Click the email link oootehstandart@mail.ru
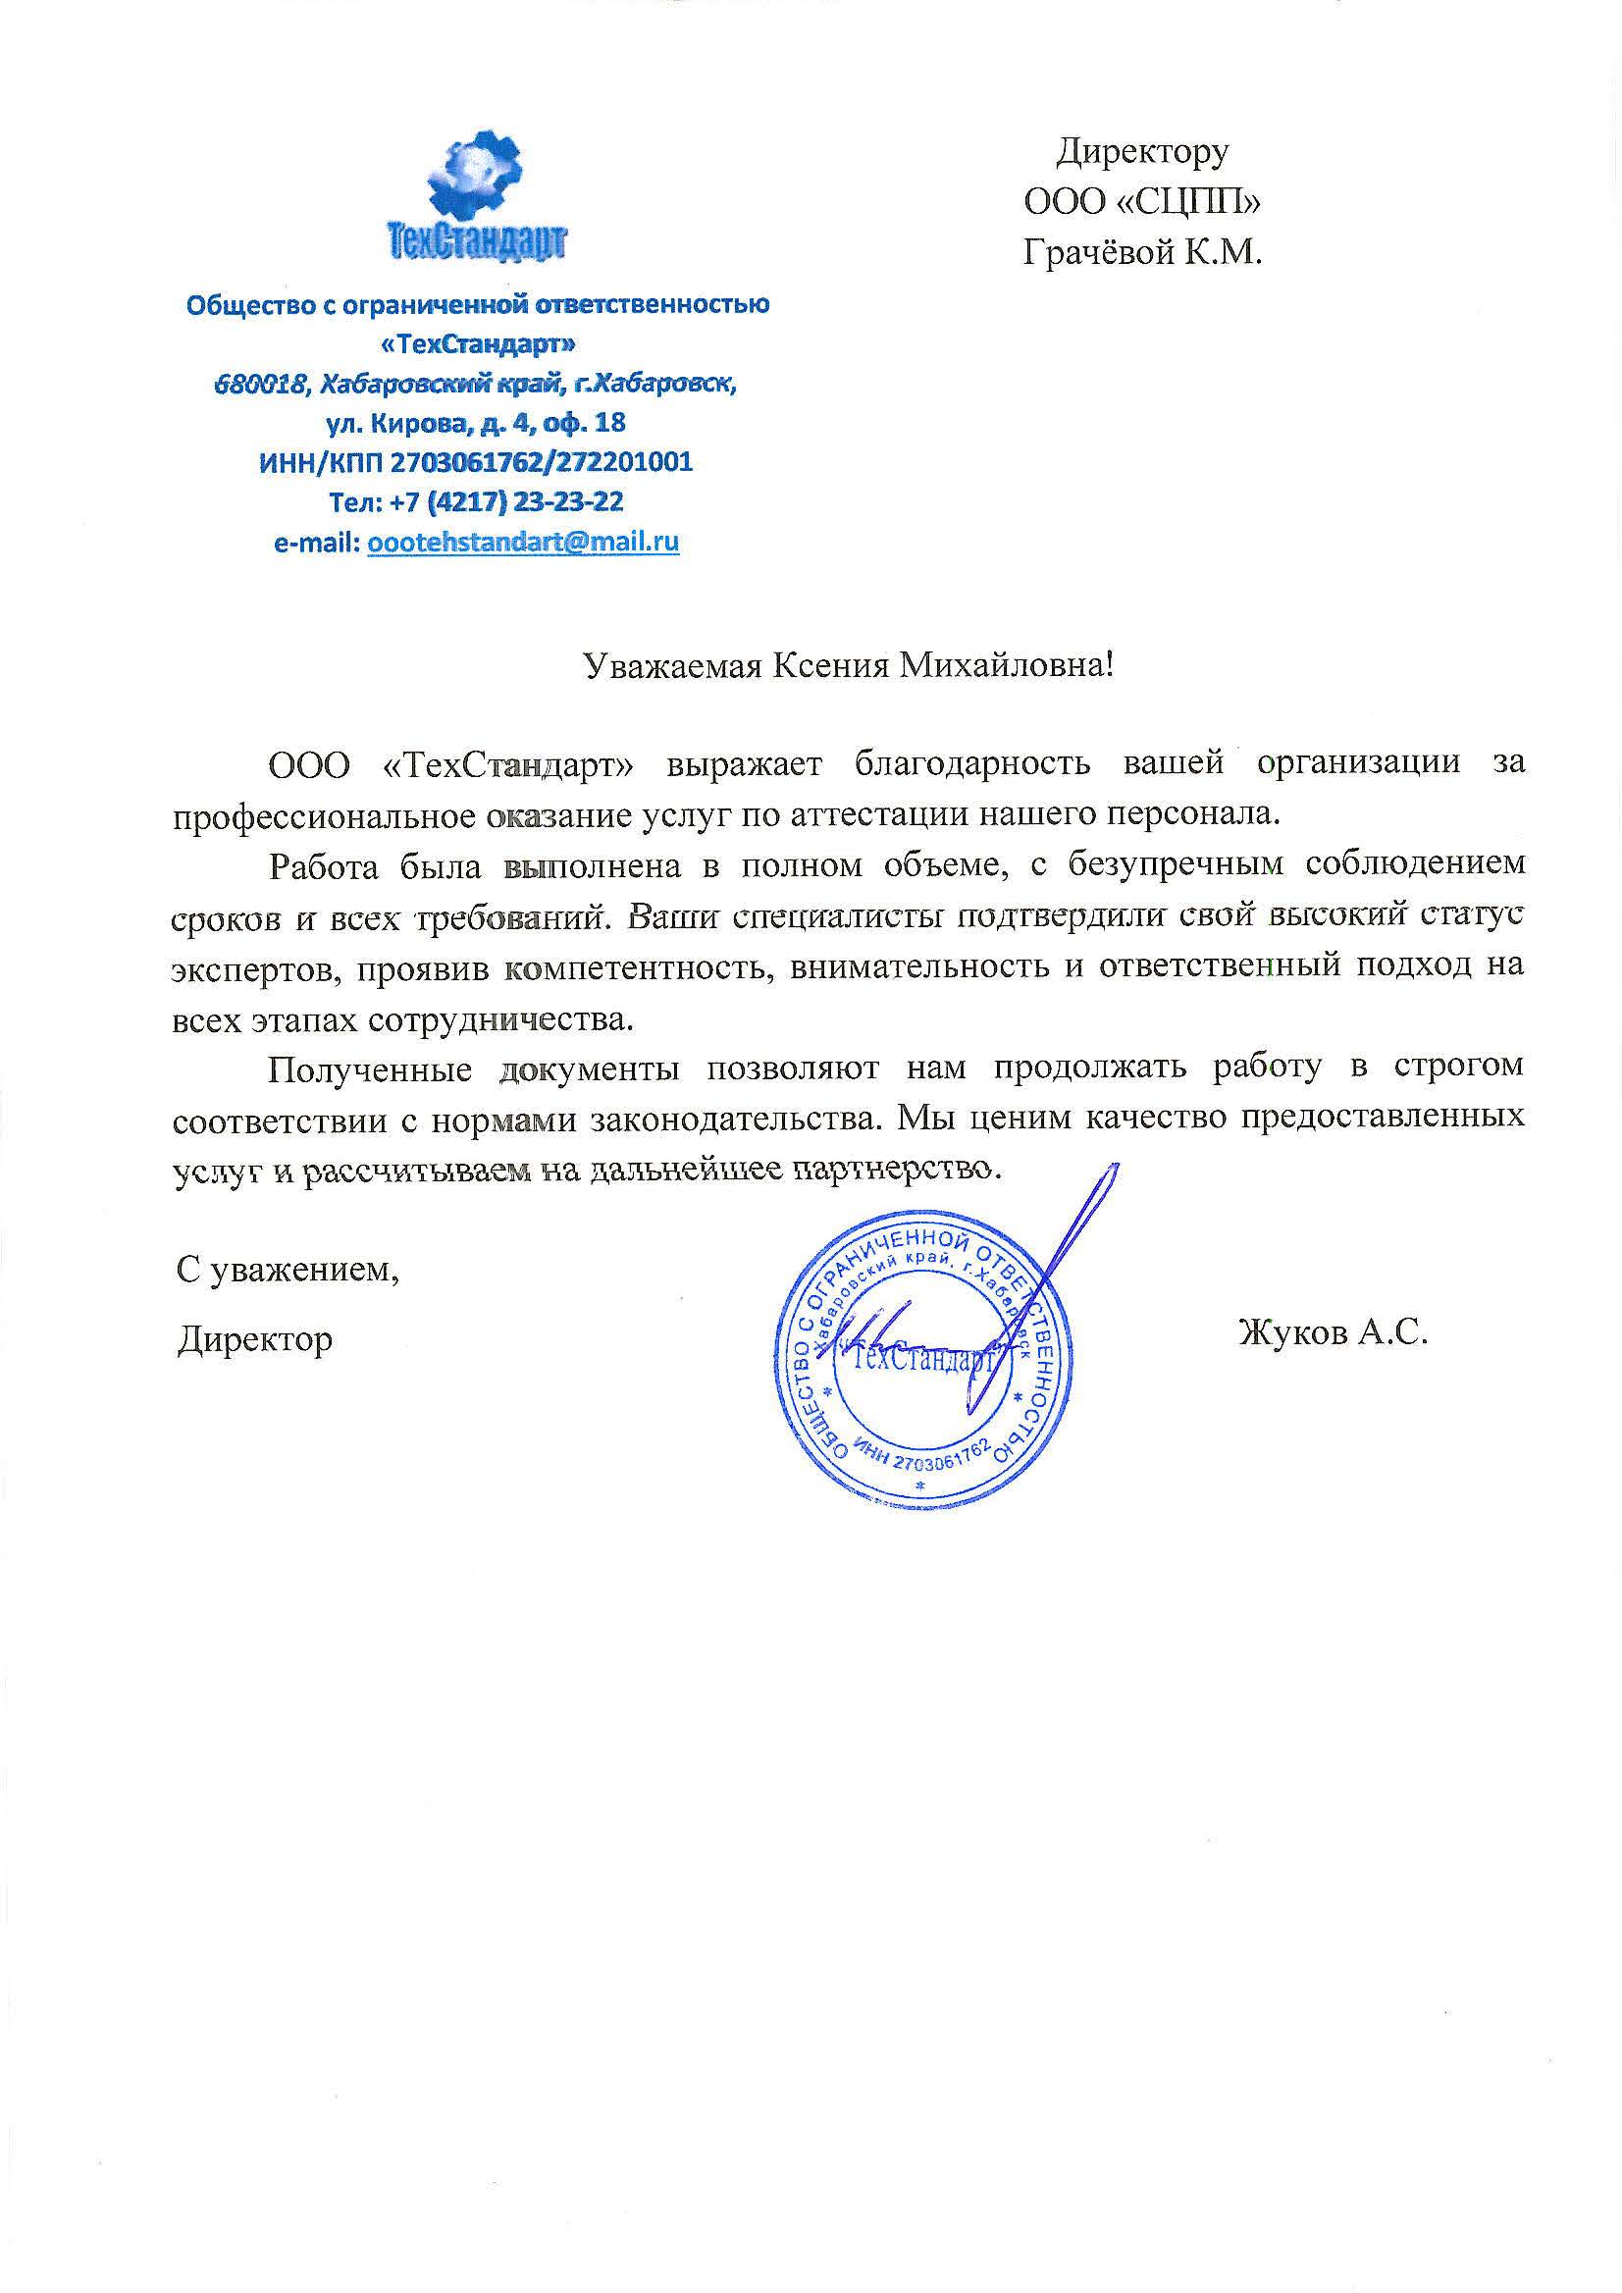(523, 543)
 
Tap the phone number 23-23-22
(567, 502)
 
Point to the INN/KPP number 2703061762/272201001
(541, 462)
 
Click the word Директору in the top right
(1142, 152)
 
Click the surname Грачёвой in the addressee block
(1098, 254)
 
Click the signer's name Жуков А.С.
(1333, 1332)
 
